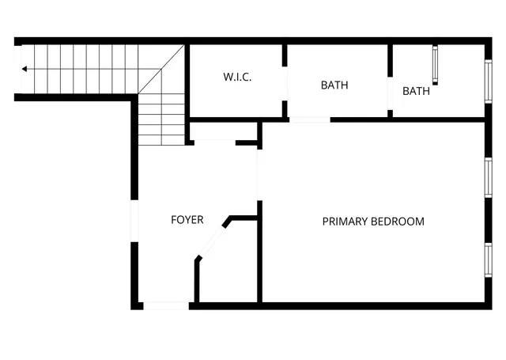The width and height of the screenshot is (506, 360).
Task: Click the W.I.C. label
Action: coord(237,78)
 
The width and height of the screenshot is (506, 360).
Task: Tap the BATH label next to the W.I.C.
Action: coord(334,85)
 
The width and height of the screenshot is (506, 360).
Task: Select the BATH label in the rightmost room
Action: coord(416,91)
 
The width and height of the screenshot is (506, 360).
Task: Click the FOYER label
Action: coord(187,220)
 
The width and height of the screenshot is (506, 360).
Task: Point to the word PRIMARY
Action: coord(346,222)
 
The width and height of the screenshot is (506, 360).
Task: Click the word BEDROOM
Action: coord(398,222)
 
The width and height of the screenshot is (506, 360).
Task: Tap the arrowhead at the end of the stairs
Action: coord(25,70)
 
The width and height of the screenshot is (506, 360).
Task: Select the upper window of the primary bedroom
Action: coord(488,176)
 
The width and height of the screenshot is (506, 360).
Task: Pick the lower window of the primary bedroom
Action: coord(488,262)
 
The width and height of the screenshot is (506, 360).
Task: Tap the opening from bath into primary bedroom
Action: coord(309,119)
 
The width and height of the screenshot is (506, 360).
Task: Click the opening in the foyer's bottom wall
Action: coord(166,305)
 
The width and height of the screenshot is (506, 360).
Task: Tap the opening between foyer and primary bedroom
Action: coord(259,174)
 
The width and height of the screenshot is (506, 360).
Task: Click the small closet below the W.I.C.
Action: coord(224,131)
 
